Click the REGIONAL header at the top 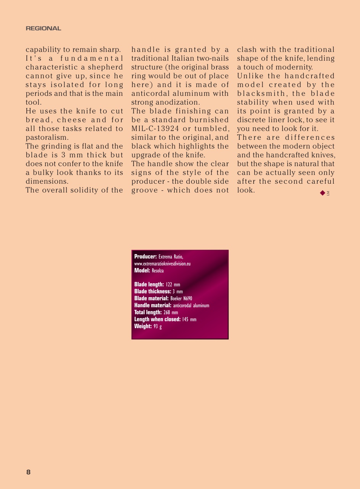43,28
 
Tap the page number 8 28,472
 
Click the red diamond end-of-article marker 323,193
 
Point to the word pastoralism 47,138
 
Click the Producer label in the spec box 145,257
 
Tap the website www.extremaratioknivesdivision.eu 162,264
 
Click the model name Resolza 158,270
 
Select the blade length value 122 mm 173,285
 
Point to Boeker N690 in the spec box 181,298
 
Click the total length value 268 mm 171,313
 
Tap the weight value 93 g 158,326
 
